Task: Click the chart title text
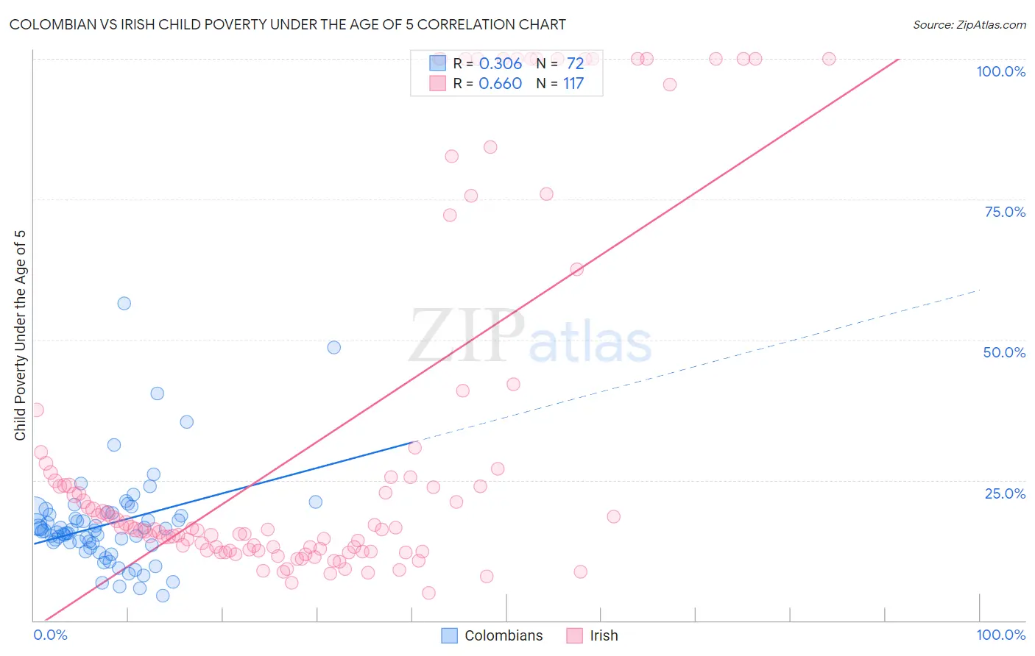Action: coord(287,24)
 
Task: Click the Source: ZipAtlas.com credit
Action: coord(969,24)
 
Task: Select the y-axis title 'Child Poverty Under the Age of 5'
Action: coord(21,335)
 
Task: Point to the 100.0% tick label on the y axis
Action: coord(1000,71)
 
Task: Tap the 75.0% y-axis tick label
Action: coord(1005,212)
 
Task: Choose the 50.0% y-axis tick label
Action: coord(1004,352)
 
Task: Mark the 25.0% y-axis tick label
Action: coord(1005,493)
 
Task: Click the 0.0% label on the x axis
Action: coord(50,635)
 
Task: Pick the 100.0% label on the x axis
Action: coord(1000,635)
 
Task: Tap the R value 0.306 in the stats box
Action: coord(500,63)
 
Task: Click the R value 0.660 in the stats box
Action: coord(500,83)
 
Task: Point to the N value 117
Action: coord(573,83)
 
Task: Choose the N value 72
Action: coord(575,63)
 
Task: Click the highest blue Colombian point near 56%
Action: coord(124,303)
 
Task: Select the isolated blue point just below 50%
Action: coord(333,347)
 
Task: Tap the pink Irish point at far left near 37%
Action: coord(37,410)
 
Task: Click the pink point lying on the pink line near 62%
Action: coord(576,269)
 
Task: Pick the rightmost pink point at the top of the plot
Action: coord(829,59)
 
